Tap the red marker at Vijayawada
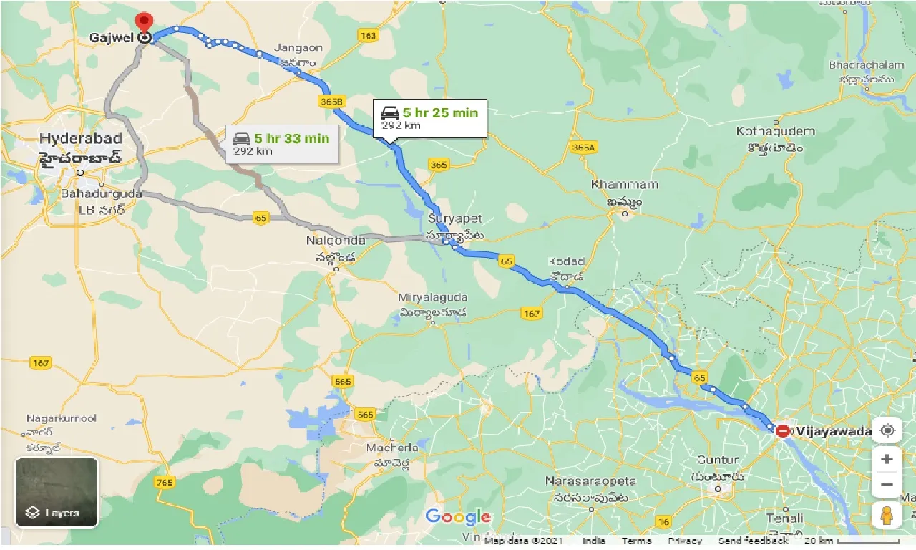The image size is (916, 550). point(783,431)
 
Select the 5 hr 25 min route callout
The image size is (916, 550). point(429,118)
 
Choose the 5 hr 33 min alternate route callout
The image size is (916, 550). point(281,144)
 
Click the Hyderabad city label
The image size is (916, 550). point(80,138)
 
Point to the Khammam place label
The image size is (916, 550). point(624,185)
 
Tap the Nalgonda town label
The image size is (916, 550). point(336,241)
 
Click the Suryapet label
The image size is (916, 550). point(455,218)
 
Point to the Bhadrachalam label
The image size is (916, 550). point(867,65)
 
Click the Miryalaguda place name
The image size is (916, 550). point(433,297)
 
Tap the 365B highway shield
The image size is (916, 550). point(332,102)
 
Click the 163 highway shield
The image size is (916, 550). point(369,36)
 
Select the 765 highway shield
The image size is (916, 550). point(165,482)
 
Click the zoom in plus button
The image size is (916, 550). point(887,459)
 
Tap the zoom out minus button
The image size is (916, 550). point(887,485)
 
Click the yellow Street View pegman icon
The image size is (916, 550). point(887,515)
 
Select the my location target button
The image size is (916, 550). point(887,430)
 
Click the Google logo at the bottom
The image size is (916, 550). point(458,517)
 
